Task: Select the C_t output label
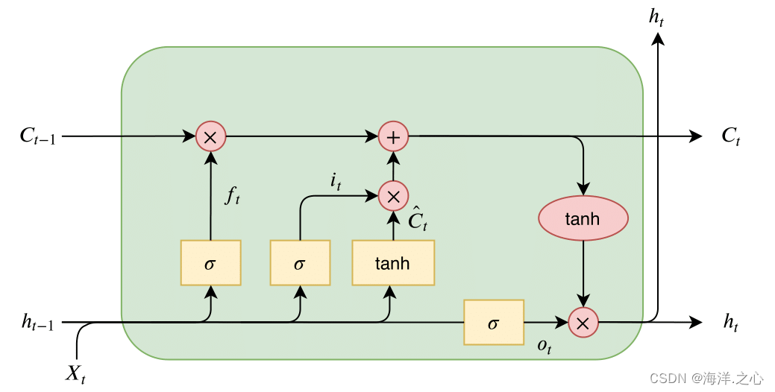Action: (730, 136)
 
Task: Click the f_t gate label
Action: (233, 197)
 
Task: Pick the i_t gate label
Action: (335, 181)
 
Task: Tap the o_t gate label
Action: (545, 347)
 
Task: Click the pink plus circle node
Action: (393, 136)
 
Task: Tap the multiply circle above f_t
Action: (210, 136)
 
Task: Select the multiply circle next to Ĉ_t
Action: (393, 196)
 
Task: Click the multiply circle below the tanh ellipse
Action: (583, 322)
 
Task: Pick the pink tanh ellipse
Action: (583, 219)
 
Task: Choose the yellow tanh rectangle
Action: (392, 263)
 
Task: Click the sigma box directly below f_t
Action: (210, 263)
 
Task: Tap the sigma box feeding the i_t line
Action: (300, 263)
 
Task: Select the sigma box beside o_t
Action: (493, 323)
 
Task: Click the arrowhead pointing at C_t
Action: (696, 136)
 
